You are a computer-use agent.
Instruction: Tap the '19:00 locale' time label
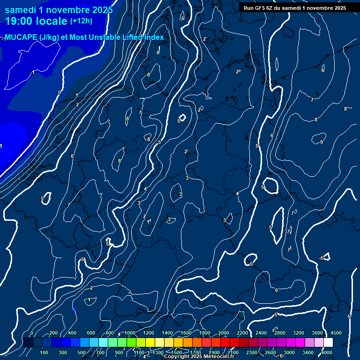click(x=37, y=21)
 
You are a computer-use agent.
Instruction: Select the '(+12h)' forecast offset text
click(x=81, y=21)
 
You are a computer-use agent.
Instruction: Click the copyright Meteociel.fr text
click(x=199, y=357)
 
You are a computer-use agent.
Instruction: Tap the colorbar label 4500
click(x=336, y=333)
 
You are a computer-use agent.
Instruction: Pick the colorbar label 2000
click(x=224, y=333)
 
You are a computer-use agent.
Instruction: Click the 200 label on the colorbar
click(x=53, y=333)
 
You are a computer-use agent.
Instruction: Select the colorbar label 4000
click(x=326, y=352)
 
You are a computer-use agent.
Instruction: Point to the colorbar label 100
click(x=45, y=352)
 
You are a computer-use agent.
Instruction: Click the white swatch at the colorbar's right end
click(x=328, y=343)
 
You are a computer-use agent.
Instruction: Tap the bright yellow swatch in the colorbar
click(x=150, y=343)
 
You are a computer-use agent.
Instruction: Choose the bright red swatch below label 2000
click(x=225, y=343)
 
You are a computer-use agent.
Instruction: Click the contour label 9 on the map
click(x=322, y=142)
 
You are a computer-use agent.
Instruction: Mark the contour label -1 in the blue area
click(x=32, y=73)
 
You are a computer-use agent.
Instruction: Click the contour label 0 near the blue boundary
click(x=59, y=92)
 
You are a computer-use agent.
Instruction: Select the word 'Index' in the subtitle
click(x=154, y=37)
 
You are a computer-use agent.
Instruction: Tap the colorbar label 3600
click(x=317, y=333)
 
